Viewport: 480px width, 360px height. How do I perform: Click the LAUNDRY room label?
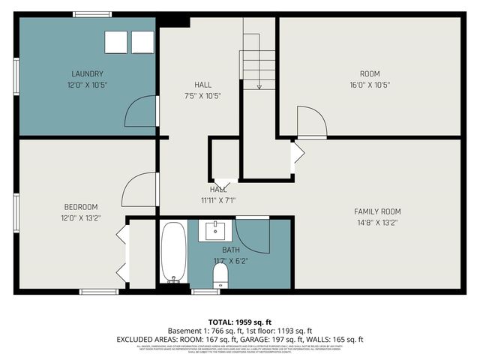coord(87,73)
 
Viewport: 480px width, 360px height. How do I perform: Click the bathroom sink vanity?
coord(217,230)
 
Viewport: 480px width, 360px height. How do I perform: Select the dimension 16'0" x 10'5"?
coord(370,85)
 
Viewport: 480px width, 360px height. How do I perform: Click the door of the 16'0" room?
coord(311,122)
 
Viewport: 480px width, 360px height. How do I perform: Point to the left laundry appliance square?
coord(116,43)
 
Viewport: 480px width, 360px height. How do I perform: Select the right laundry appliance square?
coord(142,43)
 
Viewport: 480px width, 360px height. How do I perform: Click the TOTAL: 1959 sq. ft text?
coord(239,320)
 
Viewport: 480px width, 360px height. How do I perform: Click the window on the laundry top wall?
coord(92,14)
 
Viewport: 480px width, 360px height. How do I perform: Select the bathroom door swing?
coord(253,233)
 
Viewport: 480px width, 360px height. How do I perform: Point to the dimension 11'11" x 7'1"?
coord(218,200)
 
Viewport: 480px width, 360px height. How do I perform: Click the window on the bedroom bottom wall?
coord(99,292)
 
